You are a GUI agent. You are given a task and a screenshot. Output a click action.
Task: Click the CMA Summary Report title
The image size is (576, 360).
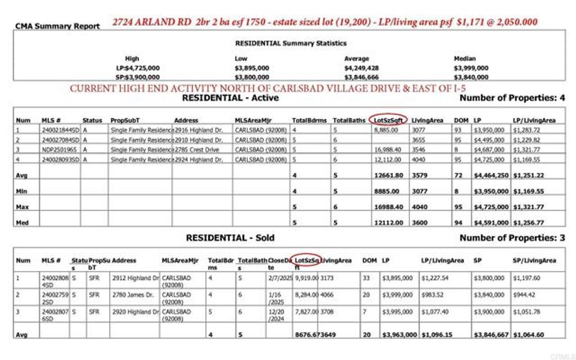click(57, 26)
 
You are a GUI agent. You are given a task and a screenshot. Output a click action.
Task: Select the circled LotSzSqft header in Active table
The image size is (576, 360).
click(388, 120)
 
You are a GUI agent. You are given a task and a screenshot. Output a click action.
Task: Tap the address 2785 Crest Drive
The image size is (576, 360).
click(196, 150)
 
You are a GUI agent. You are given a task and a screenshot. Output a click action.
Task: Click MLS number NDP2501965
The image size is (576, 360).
click(60, 150)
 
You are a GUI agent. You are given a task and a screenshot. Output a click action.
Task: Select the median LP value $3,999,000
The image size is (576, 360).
click(471, 68)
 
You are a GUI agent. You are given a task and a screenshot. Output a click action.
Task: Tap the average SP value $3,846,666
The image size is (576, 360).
click(361, 77)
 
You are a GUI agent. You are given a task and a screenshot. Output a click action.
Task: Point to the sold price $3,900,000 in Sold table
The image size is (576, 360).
click(490, 311)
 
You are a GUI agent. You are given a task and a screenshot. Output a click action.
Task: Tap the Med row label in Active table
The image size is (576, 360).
click(22, 222)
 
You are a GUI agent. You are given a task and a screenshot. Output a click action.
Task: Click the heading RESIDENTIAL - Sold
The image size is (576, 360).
click(230, 238)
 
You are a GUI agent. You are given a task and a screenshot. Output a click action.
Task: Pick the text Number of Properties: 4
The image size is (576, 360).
click(512, 98)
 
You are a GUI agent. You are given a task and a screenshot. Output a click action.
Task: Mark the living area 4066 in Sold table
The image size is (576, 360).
click(327, 294)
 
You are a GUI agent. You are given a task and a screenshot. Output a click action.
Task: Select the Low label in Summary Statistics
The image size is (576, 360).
click(241, 58)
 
